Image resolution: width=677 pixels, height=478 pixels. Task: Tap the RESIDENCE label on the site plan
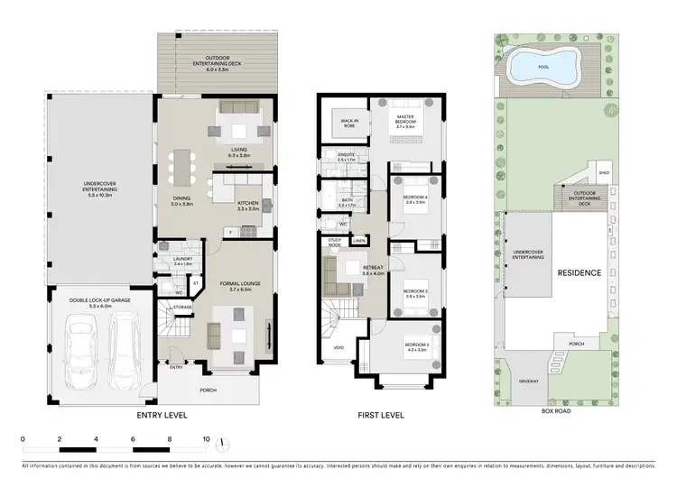point(579,272)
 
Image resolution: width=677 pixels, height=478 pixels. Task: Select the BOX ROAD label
point(553,411)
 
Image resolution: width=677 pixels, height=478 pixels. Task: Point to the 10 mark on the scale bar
point(206,439)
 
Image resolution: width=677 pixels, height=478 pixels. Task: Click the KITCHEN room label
point(248,204)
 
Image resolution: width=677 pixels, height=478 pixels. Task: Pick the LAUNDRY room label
point(169,260)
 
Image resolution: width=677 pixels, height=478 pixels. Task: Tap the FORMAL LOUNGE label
point(239,284)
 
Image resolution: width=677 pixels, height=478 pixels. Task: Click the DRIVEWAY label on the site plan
point(529,381)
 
